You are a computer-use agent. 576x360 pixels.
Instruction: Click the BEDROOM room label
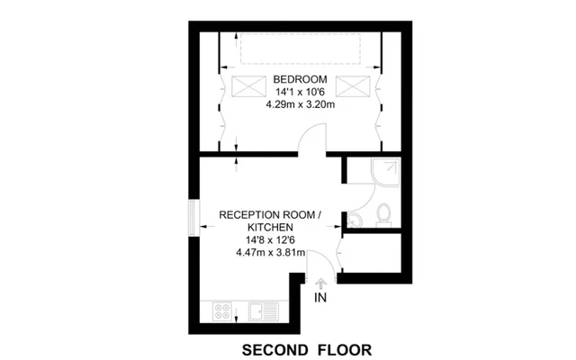coord(300,79)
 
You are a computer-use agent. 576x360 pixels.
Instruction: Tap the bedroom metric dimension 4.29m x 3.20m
coord(300,104)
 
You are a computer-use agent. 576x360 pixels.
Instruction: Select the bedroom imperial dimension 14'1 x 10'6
coord(300,92)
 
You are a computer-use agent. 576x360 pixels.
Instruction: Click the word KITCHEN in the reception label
coord(270,227)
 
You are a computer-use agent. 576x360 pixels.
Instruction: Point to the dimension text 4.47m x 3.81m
coord(270,253)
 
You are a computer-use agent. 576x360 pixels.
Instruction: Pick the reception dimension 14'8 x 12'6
coord(270,240)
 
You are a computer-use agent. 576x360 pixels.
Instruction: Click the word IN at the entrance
coord(320,298)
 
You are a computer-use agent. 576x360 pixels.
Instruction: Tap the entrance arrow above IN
coord(320,284)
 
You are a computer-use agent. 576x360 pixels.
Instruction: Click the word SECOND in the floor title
coord(275,350)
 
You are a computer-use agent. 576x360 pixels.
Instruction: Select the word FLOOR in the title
coord(345,350)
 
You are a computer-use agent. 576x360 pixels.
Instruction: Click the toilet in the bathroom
coord(384,215)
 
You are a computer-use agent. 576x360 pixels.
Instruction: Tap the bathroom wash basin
coord(354,220)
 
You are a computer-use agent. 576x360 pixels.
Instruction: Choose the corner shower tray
coord(385,172)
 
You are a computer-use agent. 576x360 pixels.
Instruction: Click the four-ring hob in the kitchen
coord(222,311)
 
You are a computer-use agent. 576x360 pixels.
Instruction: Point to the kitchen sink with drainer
coord(264,311)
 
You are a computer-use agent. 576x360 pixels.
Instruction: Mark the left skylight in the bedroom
coord(248,86)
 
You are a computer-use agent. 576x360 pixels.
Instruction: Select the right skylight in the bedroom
coord(353,86)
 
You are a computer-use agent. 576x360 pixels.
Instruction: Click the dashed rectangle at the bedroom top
coord(301,49)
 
